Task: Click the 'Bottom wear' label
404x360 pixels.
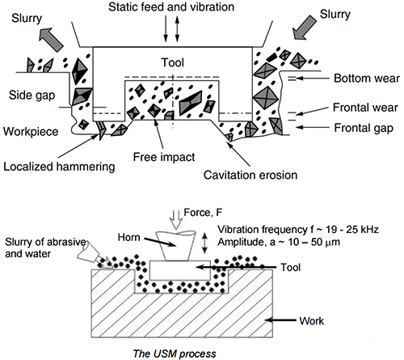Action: pyautogui.click(x=367, y=78)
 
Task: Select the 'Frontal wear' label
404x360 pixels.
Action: pyautogui.click(x=365, y=108)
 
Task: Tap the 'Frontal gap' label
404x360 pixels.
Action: pyautogui.click(x=364, y=128)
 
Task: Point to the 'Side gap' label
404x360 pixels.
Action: pyautogui.click(x=32, y=95)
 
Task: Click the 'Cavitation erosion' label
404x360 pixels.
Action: pyautogui.click(x=250, y=175)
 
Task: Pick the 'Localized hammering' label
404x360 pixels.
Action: pyautogui.click(x=59, y=167)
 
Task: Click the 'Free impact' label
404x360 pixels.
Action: pyautogui.click(x=164, y=157)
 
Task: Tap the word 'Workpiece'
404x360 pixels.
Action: pyautogui.click(x=31, y=132)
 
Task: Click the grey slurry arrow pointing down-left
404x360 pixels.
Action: pyautogui.click(x=305, y=28)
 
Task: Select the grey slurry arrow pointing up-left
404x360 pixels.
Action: pyautogui.click(x=51, y=40)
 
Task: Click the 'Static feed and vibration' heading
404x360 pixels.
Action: pyautogui.click(x=171, y=6)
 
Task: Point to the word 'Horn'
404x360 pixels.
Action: pyautogui.click(x=129, y=238)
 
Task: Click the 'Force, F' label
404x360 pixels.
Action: pyautogui.click(x=203, y=213)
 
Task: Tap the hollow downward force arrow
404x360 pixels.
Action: pyautogui.click(x=176, y=220)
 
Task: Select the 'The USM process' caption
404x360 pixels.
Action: pyautogui.click(x=175, y=354)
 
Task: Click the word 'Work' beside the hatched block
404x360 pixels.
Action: pyautogui.click(x=312, y=321)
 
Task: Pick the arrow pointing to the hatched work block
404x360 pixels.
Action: pyautogui.click(x=280, y=320)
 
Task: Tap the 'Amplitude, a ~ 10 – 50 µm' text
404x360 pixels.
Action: pyautogui.click(x=279, y=242)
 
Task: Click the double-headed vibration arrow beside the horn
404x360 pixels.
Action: pyautogui.click(x=205, y=244)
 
